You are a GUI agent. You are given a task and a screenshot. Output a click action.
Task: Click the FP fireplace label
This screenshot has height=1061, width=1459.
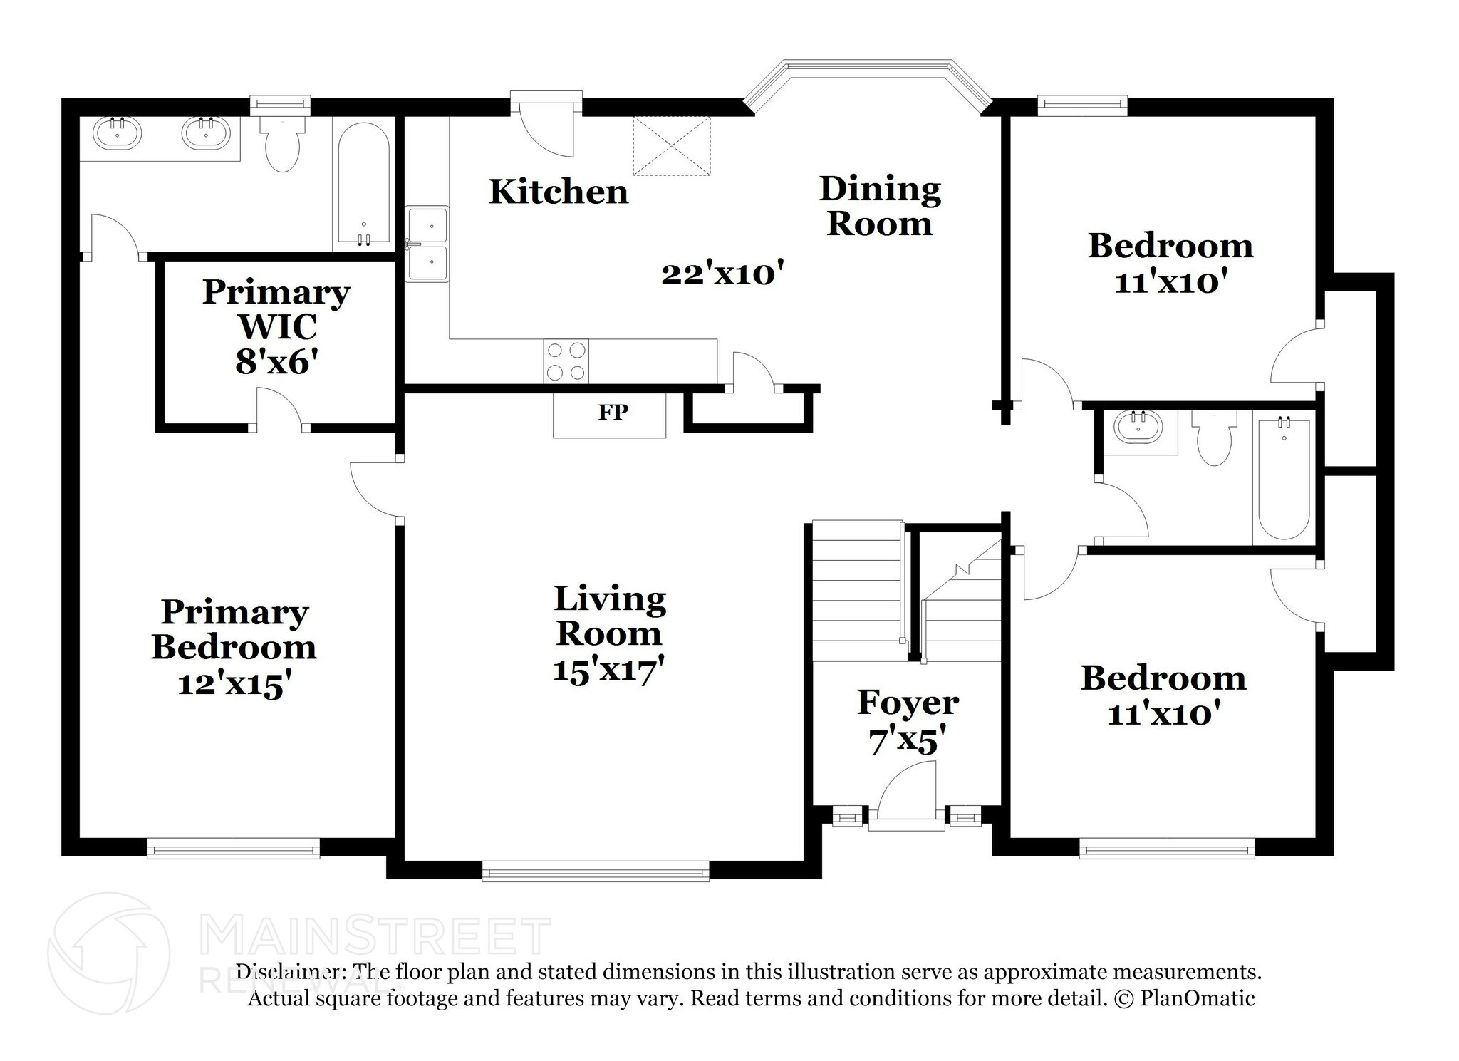click(612, 413)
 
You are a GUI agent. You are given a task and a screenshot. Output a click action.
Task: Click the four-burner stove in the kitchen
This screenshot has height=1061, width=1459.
click(566, 361)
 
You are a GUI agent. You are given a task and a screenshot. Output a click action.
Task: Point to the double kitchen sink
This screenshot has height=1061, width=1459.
click(427, 244)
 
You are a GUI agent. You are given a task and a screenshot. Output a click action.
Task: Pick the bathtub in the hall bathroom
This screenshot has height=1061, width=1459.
click(1284, 479)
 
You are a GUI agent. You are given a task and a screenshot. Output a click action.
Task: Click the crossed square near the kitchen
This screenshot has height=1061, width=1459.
click(672, 146)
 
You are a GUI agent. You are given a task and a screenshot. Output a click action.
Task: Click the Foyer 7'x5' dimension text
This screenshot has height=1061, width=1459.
click(907, 741)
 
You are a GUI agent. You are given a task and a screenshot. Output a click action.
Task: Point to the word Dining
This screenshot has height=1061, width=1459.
click(880, 190)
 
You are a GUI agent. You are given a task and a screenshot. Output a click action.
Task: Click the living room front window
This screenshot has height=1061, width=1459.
click(595, 871)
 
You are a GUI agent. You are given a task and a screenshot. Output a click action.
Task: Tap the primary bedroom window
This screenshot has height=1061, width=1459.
click(233, 848)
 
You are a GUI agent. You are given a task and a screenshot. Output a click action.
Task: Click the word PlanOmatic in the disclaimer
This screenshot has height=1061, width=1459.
click(1197, 998)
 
